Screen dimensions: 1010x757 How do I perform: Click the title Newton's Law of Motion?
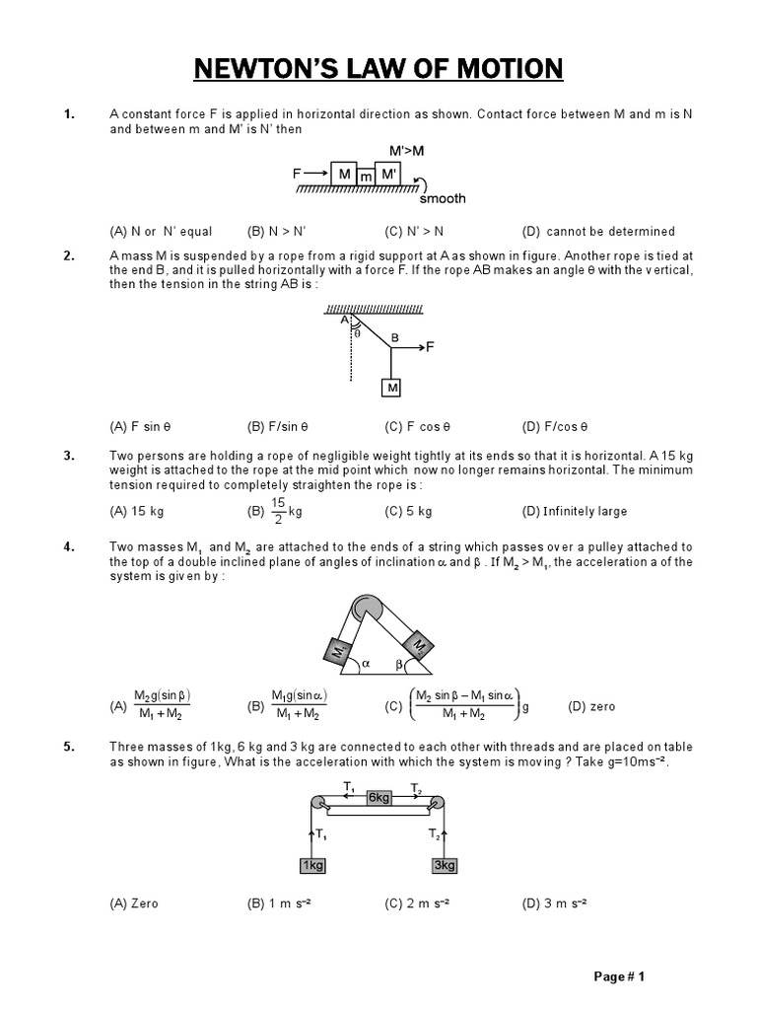[378, 69]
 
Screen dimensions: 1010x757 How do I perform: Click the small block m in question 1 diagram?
[366, 177]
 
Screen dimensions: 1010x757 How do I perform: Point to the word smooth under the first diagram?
[443, 198]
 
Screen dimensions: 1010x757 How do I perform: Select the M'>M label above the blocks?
[407, 150]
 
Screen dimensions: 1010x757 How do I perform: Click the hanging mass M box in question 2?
[392, 389]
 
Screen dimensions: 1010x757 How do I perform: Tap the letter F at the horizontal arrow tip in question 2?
[430, 347]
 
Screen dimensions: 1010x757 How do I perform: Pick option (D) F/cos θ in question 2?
[555, 427]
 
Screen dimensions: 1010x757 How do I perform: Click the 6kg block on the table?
[379, 797]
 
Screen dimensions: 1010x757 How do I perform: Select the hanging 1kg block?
[313, 865]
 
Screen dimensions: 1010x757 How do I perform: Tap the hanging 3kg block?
[445, 865]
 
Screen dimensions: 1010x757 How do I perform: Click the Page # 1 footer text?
[619, 977]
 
